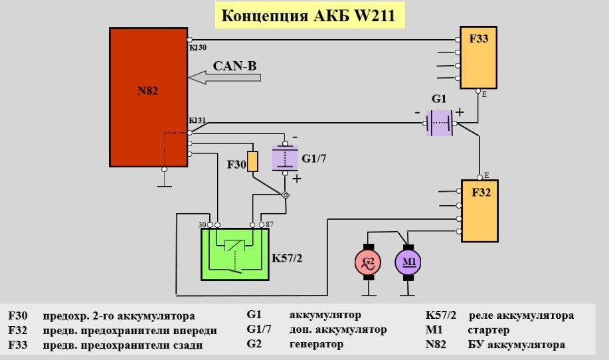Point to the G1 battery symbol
point(439,123)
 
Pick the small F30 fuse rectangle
point(252,161)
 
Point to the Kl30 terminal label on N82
point(197,47)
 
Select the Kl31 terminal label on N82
point(197,120)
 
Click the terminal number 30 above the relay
point(202,225)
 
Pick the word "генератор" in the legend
point(316,345)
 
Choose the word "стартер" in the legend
point(488,330)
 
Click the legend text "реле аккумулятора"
point(521,315)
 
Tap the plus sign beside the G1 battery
point(459,112)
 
